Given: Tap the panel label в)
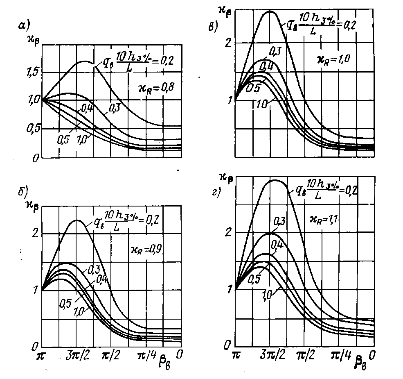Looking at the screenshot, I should [x=213, y=27].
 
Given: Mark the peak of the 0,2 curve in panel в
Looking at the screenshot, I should [x=270, y=11].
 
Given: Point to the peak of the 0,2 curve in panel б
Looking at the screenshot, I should [x=77, y=221].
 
